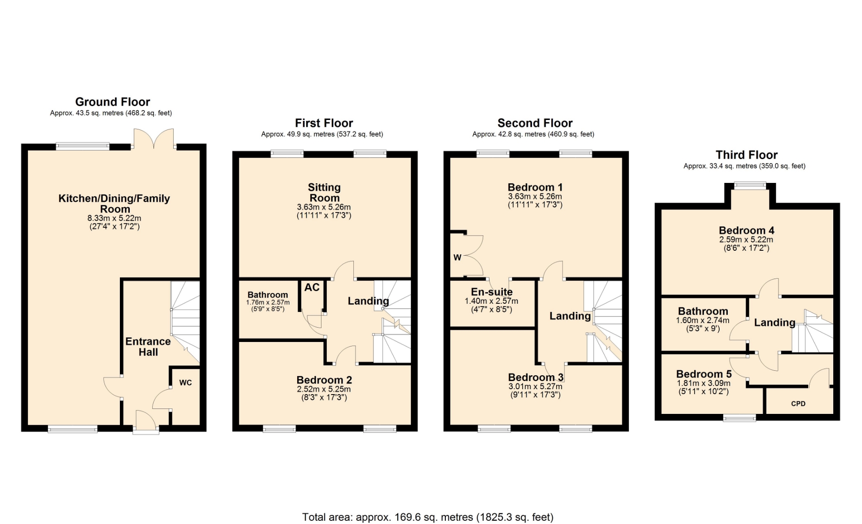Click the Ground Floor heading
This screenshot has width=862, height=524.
pos(113,102)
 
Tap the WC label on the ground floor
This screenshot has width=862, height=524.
pos(185,382)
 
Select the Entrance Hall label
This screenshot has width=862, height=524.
pos(148,346)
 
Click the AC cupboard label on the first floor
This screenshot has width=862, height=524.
pos(312,287)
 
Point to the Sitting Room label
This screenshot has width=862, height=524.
pos(324,192)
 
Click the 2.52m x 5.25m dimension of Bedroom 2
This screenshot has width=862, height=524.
pos(324,389)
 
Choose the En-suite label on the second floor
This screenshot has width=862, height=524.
pos(492,292)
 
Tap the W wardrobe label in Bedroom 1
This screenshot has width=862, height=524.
pos(457,258)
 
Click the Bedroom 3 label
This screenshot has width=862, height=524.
pos(536,377)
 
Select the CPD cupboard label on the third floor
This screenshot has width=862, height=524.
pos(798,404)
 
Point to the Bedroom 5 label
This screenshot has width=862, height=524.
pos(704,374)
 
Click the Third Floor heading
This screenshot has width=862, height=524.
pos(747,155)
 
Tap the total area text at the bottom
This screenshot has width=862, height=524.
pos(428,517)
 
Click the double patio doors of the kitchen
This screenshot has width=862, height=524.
pos(154,138)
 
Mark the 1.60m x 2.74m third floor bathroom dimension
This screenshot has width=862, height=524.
pos(703,320)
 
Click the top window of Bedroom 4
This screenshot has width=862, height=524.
pos(750,185)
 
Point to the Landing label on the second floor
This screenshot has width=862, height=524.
pos(570,316)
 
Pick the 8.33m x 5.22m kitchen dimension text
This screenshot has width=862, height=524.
pos(114,218)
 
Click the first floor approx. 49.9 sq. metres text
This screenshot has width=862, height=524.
pos(322,134)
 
